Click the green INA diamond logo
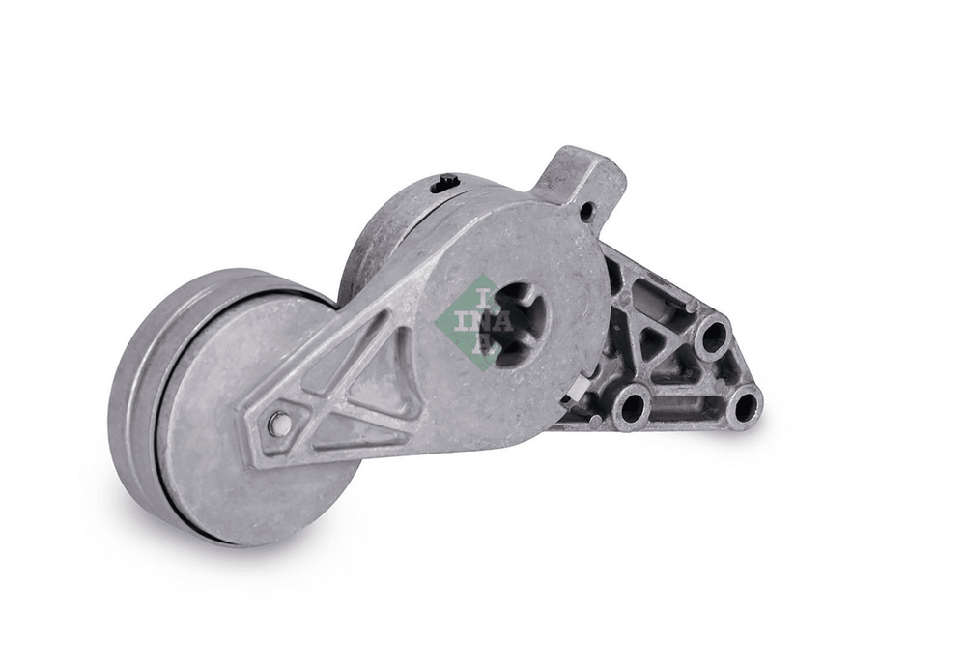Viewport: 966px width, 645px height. pos(474,321)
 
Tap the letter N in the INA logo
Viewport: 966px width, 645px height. pos(482,322)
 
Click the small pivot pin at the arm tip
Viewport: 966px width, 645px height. pos(280,423)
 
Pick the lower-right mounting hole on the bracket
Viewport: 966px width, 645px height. pos(745,406)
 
